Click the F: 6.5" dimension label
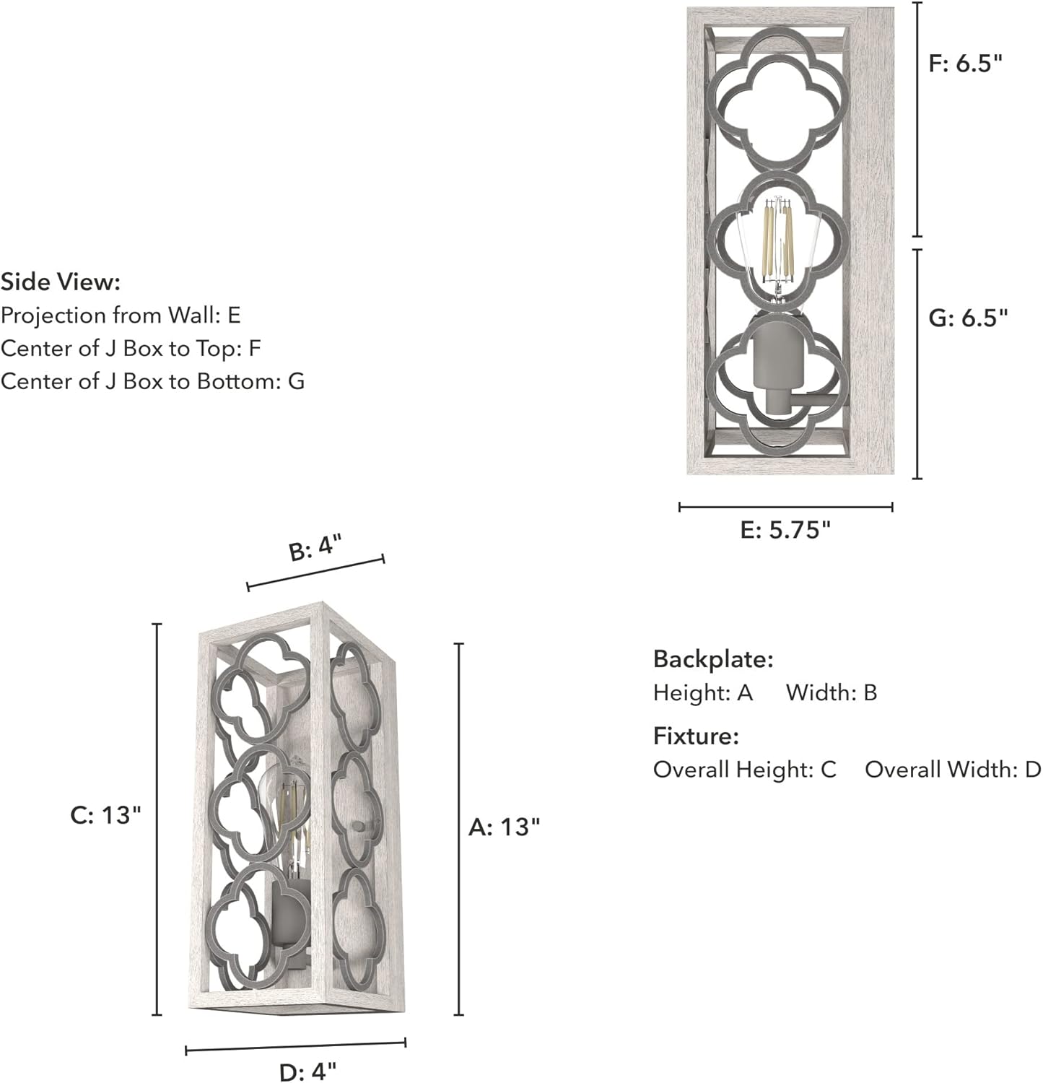coord(966,64)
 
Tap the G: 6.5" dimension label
coord(967,317)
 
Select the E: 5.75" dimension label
coord(786,530)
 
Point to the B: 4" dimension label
coord(314,548)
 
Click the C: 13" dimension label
coord(105,814)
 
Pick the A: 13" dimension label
coord(505,827)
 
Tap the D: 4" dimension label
coord(308,1071)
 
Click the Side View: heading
coord(61,282)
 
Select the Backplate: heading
coord(713,658)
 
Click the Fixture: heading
coord(696,736)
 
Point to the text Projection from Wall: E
coord(121,316)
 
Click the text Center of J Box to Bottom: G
coord(152,380)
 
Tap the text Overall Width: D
coord(953,769)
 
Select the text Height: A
coord(703,692)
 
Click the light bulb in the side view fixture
coord(777,249)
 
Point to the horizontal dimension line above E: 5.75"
coord(786,507)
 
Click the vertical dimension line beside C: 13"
coord(158,819)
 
